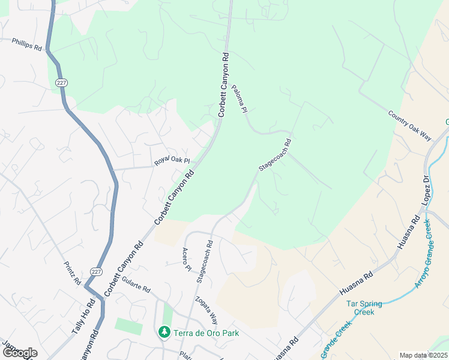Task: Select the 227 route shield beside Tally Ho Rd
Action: [97, 272]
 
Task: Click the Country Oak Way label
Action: [410, 125]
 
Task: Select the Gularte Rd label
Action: [135, 287]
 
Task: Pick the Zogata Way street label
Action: [205, 310]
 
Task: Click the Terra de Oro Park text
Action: [206, 333]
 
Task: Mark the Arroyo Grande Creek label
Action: [423, 254]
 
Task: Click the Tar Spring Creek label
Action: [369, 307]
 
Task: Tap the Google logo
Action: [19, 353]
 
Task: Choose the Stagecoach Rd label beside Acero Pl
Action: [205, 262]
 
